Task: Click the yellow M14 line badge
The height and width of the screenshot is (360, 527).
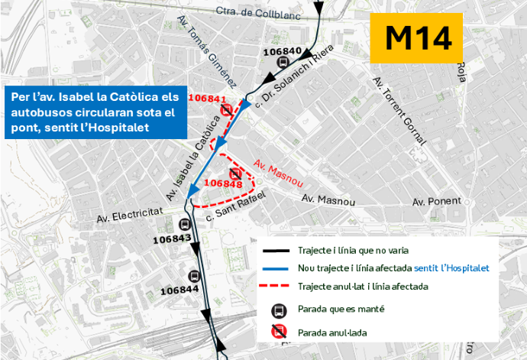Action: coord(417,37)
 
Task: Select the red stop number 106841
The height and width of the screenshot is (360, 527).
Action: coord(207,99)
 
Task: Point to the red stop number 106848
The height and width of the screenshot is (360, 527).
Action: coord(224,183)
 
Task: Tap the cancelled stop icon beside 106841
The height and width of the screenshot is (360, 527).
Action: coord(227,111)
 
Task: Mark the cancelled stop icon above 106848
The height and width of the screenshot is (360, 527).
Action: coord(235,173)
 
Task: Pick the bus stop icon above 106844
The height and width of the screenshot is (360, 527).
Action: coord(194,277)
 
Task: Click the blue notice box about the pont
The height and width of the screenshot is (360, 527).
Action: coord(95,114)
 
